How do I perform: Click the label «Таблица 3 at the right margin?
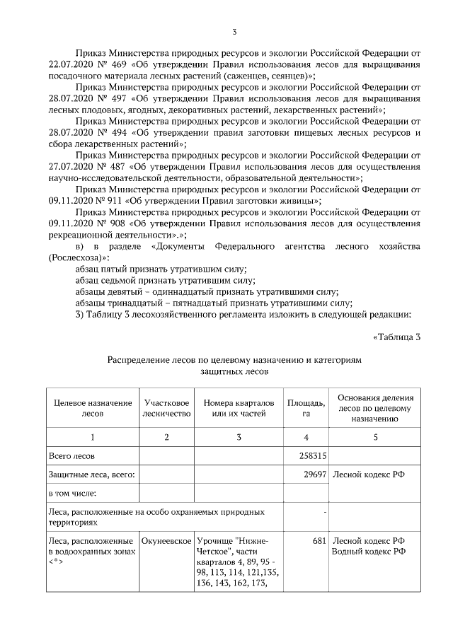pos(396,336)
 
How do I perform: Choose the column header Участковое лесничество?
pos(166,407)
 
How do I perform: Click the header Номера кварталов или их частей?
pos(239,407)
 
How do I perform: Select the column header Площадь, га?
pos(306,407)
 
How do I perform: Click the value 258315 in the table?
pos(310,457)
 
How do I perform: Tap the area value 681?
pos(318,540)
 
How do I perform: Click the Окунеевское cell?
pos(166,540)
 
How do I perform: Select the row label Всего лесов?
pos(71,457)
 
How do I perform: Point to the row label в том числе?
pos(72,492)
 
